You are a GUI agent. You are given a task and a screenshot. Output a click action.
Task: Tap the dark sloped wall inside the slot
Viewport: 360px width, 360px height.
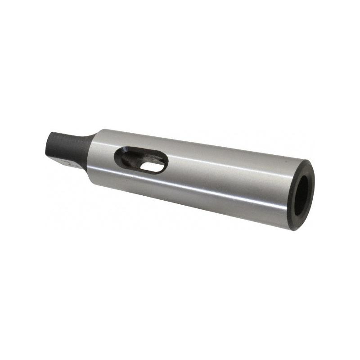coord(128,157)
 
